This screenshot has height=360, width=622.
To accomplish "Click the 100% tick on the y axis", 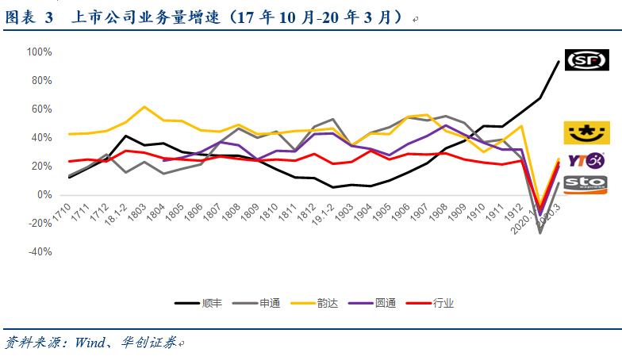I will pyautogui.click(x=38, y=52).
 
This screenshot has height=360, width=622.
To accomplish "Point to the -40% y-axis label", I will pyautogui.click(x=38, y=252).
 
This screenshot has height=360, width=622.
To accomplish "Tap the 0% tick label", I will pyautogui.click(x=44, y=195).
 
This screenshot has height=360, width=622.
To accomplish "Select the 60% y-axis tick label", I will pyautogui.click(x=40, y=109).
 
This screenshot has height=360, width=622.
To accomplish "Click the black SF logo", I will pyautogui.click(x=586, y=59).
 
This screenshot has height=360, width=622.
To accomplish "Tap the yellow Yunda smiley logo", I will pyautogui.click(x=586, y=132).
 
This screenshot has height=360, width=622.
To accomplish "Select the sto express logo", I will pyautogui.click(x=586, y=185).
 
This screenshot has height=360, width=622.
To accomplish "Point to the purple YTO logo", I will pyautogui.click(x=586, y=160).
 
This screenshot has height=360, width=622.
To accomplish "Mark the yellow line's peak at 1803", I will pyautogui.click(x=144, y=106).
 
